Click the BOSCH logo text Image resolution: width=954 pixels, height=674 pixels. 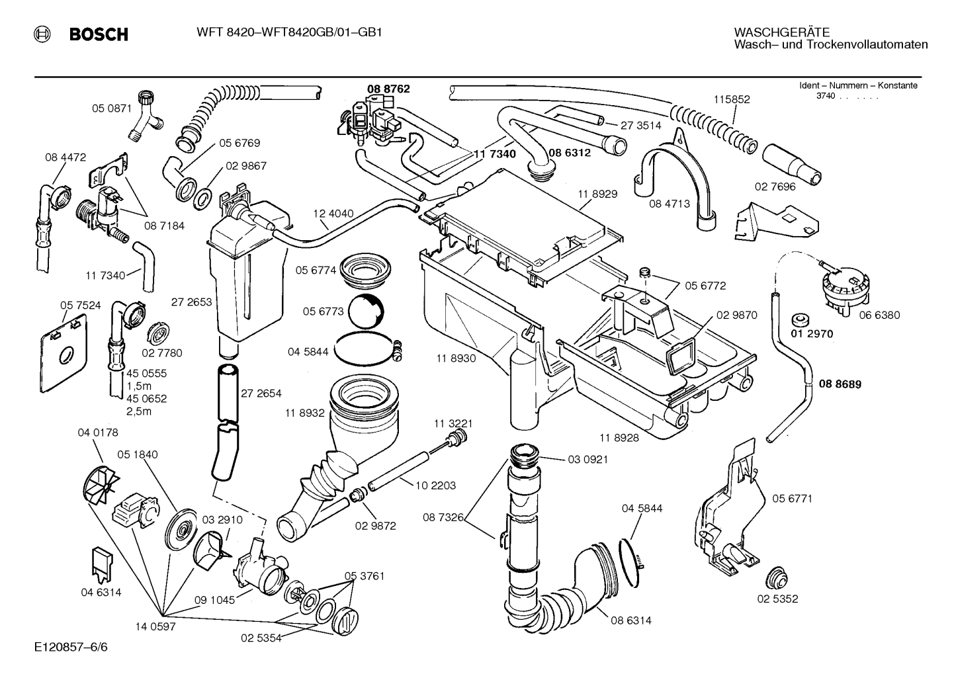pos(99,34)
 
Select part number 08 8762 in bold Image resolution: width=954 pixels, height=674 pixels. pos(388,88)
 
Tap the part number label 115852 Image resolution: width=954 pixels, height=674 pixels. pos(731,99)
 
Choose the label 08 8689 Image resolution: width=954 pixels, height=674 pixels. pos(840,384)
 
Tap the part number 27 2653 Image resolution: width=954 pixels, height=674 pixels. pos(191,302)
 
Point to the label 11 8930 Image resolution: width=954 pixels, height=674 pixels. pos(456,358)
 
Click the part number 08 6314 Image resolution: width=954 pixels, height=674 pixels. pos(630,620)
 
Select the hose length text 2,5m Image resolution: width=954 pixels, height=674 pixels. pos(139,411)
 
